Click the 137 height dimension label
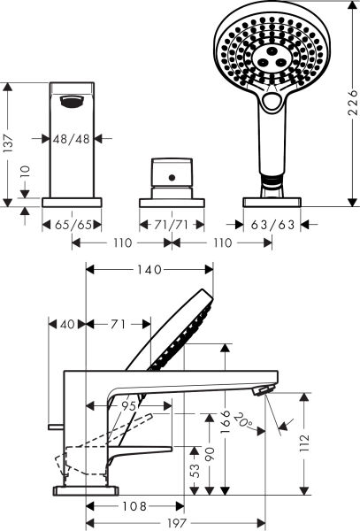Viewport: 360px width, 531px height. (10, 144)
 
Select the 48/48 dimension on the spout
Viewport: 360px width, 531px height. (71, 138)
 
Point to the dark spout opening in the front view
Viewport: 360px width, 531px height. (73, 102)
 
